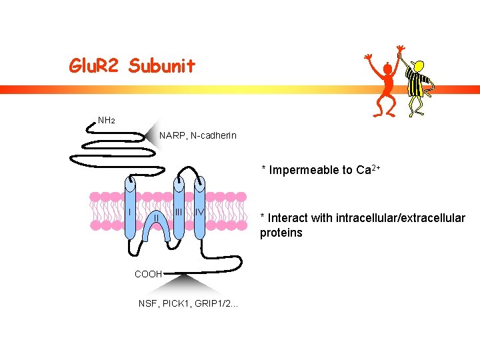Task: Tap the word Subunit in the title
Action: (162, 65)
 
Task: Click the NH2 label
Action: (107, 121)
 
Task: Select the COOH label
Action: (147, 274)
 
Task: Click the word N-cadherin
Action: (213, 136)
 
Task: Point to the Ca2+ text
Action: (369, 169)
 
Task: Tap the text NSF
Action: (147, 304)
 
